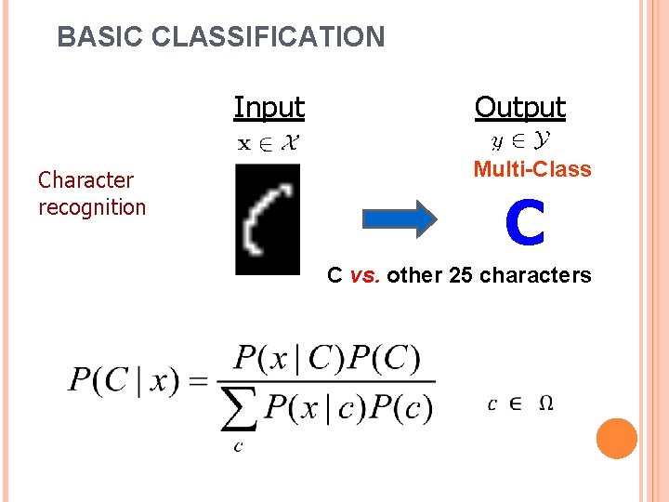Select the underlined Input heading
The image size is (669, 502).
click(x=269, y=108)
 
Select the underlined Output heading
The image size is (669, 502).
click(x=519, y=108)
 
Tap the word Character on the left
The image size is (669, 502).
click(x=85, y=179)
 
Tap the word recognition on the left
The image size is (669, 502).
click(x=92, y=206)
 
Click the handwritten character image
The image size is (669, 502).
click(x=268, y=218)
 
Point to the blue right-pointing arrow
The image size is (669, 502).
click(x=399, y=218)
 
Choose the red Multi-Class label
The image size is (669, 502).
click(x=531, y=169)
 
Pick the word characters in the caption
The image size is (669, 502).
click(x=536, y=275)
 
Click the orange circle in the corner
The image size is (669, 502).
click(x=616, y=439)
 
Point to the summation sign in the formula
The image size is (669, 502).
click(x=239, y=409)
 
